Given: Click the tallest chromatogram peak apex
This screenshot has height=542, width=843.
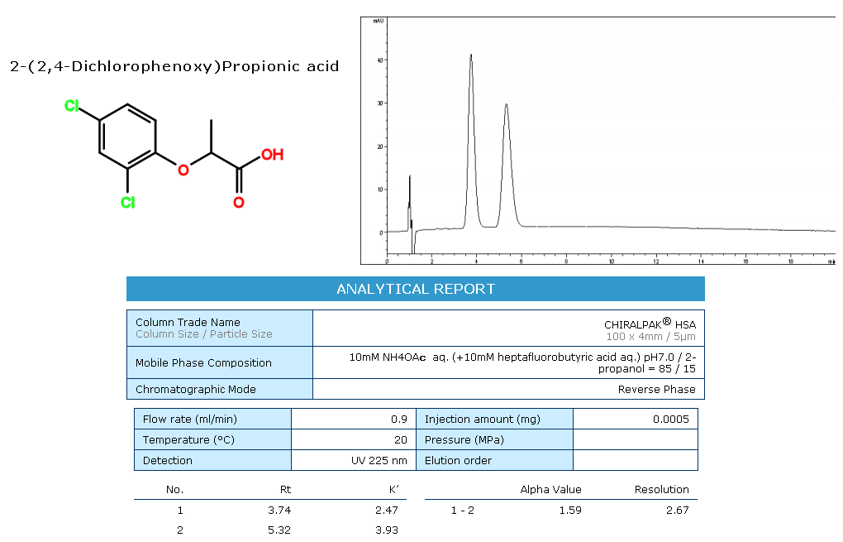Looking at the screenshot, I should [471, 55].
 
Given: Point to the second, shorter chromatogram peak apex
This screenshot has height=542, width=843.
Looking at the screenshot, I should [506, 104].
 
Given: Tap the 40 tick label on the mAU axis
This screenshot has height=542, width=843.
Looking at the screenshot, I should [380, 60].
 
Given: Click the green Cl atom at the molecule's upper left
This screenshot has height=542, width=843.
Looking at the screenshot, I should [72, 107].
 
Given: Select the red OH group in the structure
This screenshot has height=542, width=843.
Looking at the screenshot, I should [272, 155].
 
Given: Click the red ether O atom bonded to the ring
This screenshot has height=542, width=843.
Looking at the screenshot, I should [183, 170].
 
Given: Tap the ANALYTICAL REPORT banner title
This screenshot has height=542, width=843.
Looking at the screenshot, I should [416, 289].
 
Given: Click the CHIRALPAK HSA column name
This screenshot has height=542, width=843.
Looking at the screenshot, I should [650, 324].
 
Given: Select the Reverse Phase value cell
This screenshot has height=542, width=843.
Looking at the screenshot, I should [656, 389].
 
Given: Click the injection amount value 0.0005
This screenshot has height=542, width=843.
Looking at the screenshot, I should [670, 419].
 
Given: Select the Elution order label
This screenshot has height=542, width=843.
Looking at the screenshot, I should [458, 460].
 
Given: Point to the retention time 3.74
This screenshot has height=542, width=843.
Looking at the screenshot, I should [279, 510].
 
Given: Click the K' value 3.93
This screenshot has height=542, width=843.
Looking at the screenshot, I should [386, 530].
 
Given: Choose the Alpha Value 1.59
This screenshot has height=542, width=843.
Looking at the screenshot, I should [569, 510].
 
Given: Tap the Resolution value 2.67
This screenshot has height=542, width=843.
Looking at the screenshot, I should [677, 510].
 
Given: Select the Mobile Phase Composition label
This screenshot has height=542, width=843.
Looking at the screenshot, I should [203, 362].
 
